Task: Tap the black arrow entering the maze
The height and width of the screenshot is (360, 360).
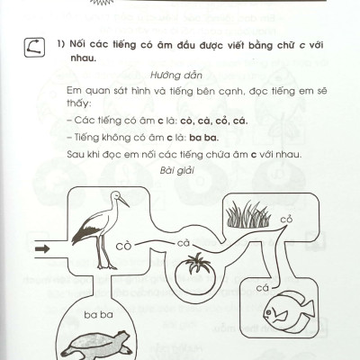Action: pyautogui.click(x=41, y=248)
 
